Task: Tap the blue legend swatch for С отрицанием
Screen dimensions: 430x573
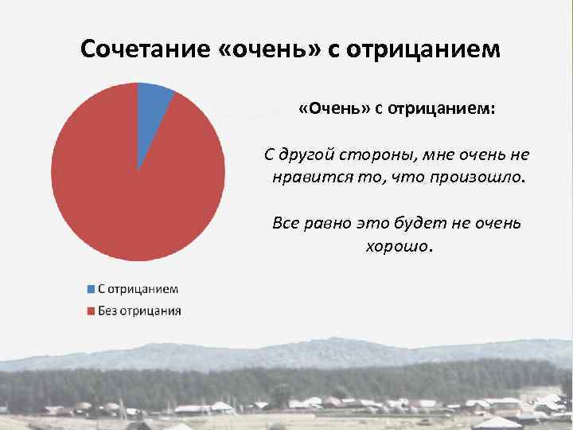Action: (91, 289)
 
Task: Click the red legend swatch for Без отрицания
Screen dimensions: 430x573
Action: (91, 310)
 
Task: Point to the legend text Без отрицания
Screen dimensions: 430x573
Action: (138, 310)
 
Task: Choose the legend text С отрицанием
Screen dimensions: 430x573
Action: (138, 289)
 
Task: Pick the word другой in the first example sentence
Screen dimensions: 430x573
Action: (310, 154)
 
